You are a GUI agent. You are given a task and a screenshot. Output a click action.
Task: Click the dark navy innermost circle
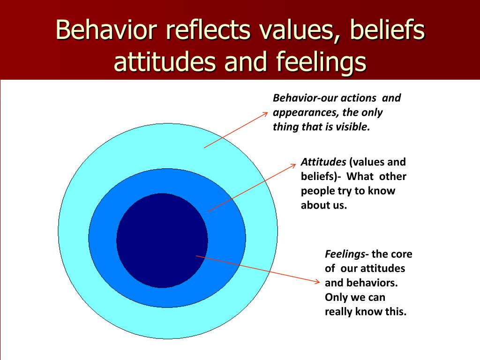[162, 240]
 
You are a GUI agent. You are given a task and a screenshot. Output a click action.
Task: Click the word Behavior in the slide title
[106, 30]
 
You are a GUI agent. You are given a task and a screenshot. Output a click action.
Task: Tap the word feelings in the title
[321, 62]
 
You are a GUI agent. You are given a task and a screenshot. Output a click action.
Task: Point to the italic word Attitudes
[323, 162]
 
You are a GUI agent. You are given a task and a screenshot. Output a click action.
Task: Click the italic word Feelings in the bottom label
[345, 255]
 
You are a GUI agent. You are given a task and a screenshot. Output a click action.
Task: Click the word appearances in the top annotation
[306, 113]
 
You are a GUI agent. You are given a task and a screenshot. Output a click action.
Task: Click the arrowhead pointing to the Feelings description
[317, 281]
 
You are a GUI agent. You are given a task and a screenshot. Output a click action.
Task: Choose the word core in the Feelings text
[402, 254]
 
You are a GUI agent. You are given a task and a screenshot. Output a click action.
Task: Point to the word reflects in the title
[208, 30]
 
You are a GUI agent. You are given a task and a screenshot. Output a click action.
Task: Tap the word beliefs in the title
[387, 30]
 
